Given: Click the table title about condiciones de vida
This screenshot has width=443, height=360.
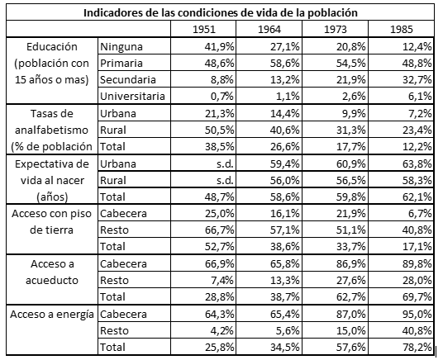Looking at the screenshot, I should click(x=221, y=12).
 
